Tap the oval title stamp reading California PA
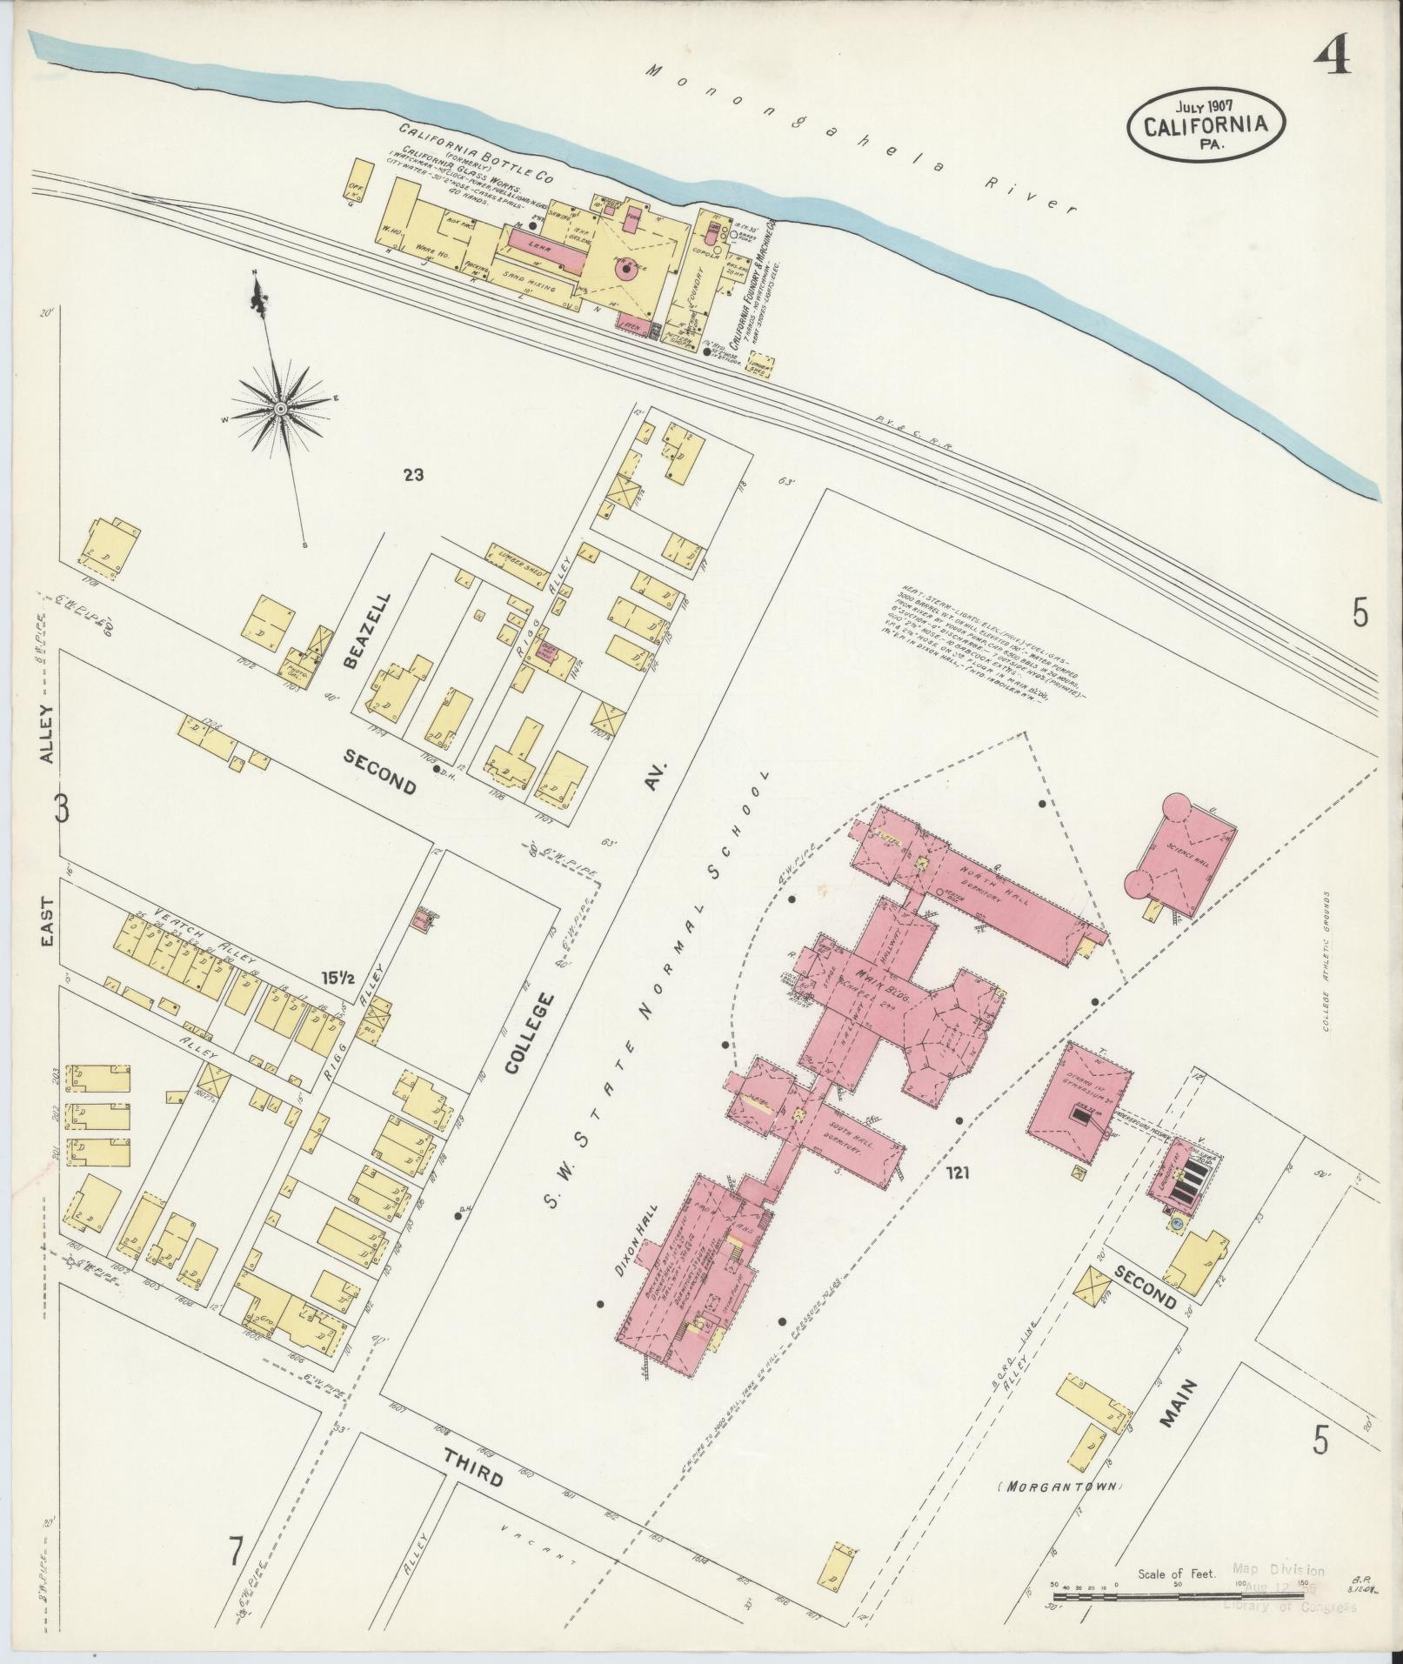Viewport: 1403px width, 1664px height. (x=1206, y=124)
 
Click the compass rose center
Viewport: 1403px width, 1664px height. (x=281, y=408)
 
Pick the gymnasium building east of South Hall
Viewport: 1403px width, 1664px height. (x=1079, y=1102)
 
